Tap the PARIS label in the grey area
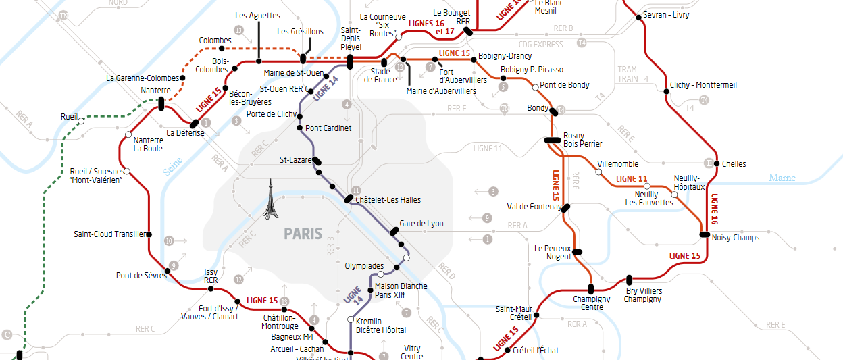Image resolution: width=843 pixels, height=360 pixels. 303,234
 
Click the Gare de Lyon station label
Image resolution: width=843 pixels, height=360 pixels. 421,223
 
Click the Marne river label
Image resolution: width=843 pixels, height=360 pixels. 782,178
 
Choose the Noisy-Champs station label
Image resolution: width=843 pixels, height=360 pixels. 736,237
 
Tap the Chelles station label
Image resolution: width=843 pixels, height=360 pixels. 734,163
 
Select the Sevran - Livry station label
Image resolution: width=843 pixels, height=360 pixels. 667,14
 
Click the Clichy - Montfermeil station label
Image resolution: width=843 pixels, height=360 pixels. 703,85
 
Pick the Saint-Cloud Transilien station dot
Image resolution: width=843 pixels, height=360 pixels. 149,234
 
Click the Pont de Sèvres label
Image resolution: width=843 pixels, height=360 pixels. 141,275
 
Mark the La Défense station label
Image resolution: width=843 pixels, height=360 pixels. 185,132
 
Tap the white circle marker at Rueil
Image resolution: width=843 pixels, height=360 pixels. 81,122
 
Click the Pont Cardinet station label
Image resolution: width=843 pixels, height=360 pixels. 328,128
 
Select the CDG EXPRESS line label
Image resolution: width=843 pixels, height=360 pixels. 540,45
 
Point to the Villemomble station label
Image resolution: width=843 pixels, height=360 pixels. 618,163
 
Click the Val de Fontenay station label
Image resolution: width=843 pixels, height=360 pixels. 534,207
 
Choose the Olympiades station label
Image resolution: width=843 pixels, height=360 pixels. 364,265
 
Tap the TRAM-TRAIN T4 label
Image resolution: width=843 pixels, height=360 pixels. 633,74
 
